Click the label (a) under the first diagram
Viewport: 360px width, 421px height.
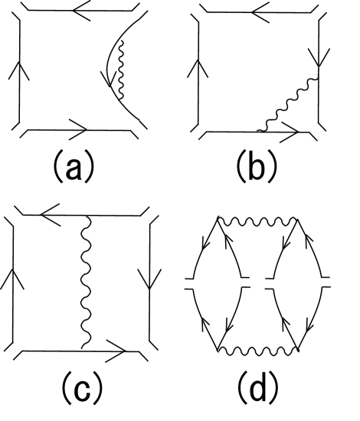click(x=74, y=166)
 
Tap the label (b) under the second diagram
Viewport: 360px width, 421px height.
click(x=257, y=166)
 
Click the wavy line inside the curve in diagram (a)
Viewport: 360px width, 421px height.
click(x=121, y=70)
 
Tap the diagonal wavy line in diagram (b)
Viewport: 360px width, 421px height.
click(x=288, y=104)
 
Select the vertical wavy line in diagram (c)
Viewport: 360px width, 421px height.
click(x=87, y=282)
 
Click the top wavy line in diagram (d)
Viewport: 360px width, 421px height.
click(x=258, y=222)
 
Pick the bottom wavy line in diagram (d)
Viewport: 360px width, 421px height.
click(x=258, y=351)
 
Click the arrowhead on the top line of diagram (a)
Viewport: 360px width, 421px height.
click(x=81, y=11)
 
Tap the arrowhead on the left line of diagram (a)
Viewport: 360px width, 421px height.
click(x=19, y=70)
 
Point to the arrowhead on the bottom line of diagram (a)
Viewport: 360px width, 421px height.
click(x=78, y=129)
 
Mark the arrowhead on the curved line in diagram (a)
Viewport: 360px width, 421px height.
click(x=107, y=78)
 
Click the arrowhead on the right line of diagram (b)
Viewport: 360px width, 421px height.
click(x=319, y=57)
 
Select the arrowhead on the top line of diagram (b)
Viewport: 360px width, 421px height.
click(x=260, y=12)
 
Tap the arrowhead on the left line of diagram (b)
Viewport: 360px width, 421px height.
click(x=198, y=68)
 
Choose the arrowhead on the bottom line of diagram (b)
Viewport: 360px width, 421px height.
click(x=290, y=132)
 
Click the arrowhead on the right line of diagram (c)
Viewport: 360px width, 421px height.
click(x=149, y=279)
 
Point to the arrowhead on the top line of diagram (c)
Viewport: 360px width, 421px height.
click(x=50, y=215)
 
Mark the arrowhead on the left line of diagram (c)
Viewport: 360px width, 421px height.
click(x=12, y=279)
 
